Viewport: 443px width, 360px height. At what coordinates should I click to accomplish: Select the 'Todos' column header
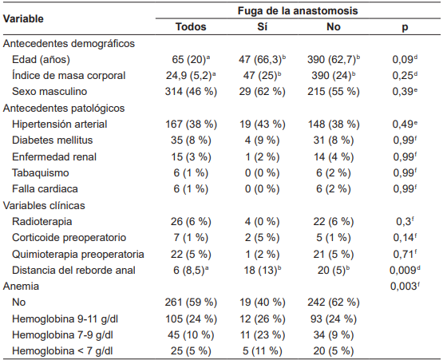click(x=191, y=26)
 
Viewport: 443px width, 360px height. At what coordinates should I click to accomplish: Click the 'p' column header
click(x=403, y=26)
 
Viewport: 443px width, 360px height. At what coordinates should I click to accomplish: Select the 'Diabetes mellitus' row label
click(x=55, y=140)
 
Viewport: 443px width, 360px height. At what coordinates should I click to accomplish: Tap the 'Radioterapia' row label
click(x=45, y=221)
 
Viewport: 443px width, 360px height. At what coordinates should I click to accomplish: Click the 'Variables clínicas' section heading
click(x=49, y=205)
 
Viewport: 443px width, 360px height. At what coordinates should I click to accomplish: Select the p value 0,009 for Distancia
click(x=403, y=270)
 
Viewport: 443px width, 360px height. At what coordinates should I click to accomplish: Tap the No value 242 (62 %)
click(x=333, y=303)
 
